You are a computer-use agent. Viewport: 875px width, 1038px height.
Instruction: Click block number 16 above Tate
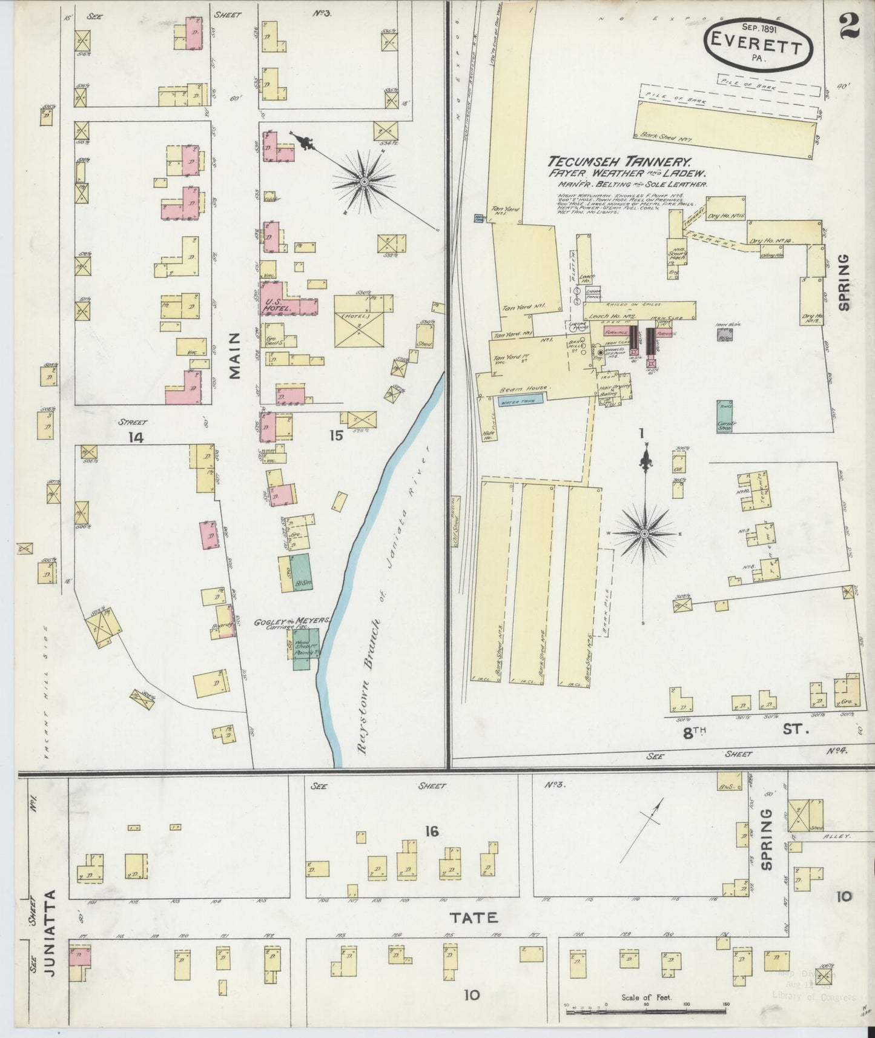[431, 831]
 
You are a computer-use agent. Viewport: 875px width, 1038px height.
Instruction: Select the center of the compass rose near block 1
[644, 533]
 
